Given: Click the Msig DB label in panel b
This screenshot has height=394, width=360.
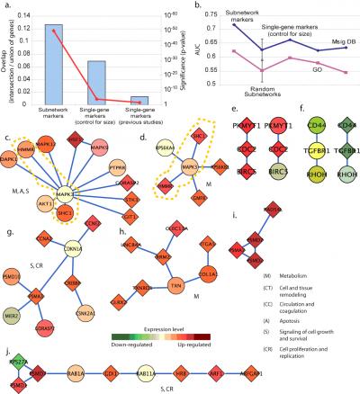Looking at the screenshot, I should point(337,39).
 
